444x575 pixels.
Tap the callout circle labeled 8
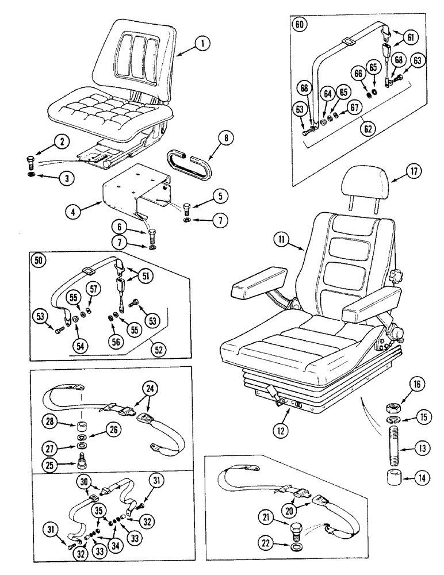click(227, 138)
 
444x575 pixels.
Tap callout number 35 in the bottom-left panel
click(99, 510)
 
